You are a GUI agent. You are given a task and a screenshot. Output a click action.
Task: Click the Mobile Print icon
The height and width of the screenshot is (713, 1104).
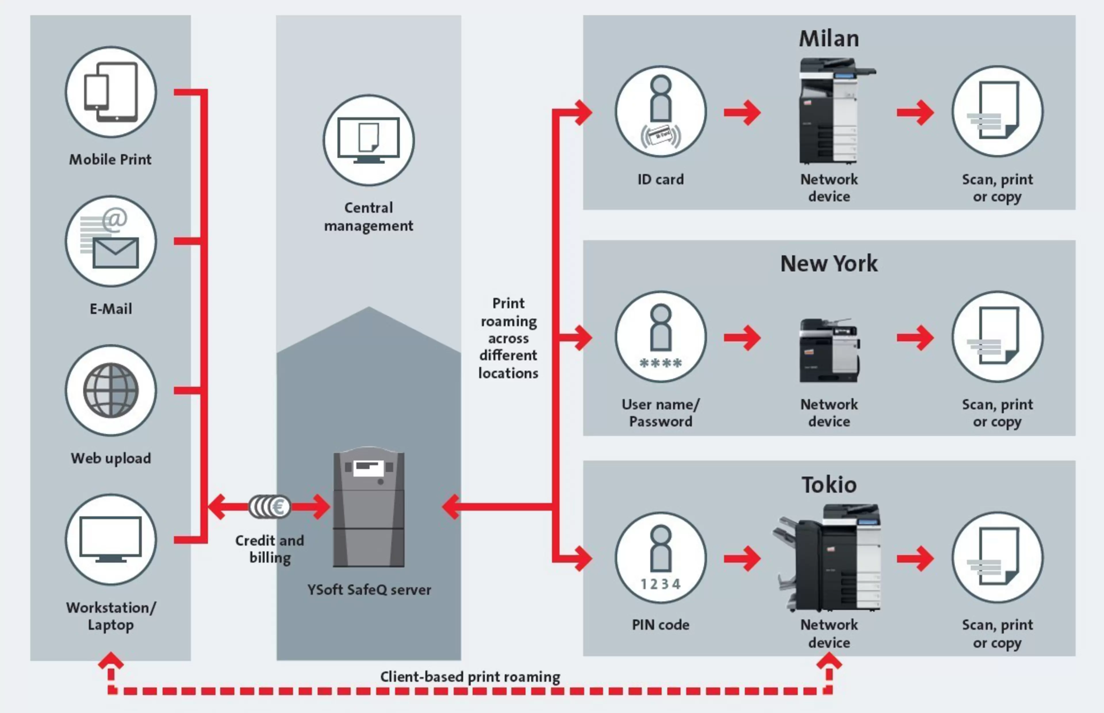[111, 92]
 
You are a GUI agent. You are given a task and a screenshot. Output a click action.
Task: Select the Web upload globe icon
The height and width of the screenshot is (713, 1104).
[111, 390]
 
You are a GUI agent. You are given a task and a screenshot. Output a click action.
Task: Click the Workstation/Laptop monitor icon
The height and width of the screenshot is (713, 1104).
[111, 539]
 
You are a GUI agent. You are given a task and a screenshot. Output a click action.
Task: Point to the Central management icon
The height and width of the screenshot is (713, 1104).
[369, 140]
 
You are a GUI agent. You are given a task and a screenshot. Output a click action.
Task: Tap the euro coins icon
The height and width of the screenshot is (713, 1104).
[270, 506]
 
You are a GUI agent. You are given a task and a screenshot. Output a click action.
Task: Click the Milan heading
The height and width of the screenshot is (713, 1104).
[829, 39]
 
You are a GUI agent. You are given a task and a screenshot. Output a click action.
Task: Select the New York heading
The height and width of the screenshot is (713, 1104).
[829, 263]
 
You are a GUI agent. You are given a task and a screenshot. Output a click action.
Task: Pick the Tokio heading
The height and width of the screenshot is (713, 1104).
[829, 485]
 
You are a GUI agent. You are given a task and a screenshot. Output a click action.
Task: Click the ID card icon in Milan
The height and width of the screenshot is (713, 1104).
[661, 112]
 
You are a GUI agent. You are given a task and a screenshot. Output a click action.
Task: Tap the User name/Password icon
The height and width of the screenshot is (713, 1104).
[661, 337]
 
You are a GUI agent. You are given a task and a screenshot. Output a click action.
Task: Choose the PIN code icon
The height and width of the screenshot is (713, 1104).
[661, 557]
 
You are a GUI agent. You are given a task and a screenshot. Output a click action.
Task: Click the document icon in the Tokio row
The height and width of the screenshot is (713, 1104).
[998, 557]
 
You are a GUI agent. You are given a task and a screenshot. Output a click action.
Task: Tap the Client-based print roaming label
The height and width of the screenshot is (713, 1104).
[470, 677]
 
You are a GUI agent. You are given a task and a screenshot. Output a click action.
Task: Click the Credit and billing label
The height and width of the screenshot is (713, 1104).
[270, 549]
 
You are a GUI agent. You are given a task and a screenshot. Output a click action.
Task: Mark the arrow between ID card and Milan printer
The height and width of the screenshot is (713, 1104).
[742, 112]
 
